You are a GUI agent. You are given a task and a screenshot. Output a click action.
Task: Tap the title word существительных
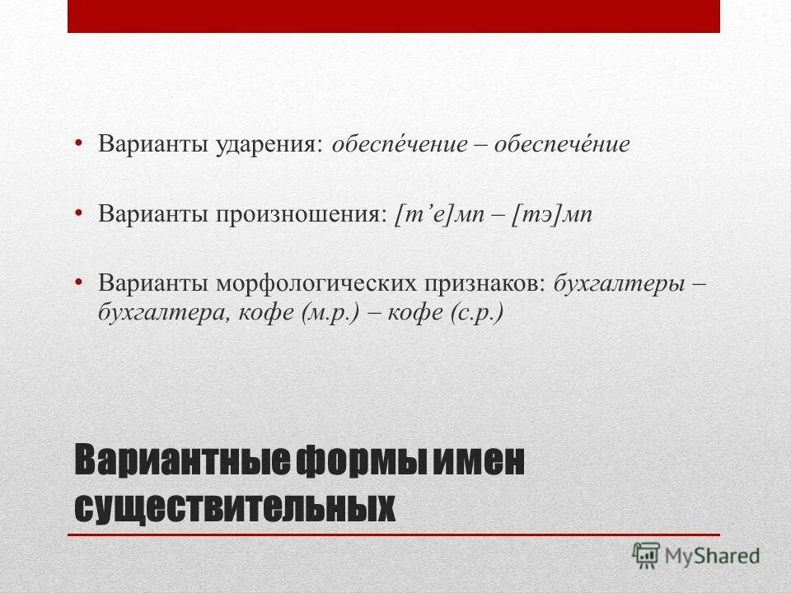pyautogui.click(x=235, y=506)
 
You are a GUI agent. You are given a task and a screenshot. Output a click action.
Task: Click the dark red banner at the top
pyautogui.click(x=394, y=16)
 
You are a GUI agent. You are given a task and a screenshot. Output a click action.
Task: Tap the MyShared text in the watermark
pyautogui.click(x=713, y=557)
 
